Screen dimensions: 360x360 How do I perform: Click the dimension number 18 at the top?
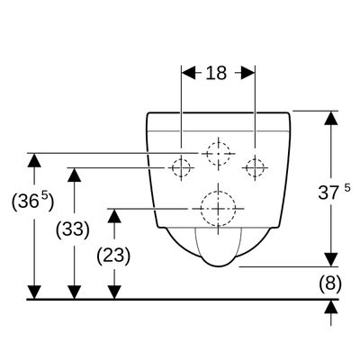(216, 73)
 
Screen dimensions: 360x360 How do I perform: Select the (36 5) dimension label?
(32, 202)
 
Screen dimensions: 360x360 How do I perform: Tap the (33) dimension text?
(73, 230)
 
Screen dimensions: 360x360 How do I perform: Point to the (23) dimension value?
(113, 256)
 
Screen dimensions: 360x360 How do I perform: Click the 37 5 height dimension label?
(334, 193)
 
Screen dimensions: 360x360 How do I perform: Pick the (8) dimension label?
(330, 283)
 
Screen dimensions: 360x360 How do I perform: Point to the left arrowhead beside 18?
(189, 73)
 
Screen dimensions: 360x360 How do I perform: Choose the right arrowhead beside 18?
(247, 73)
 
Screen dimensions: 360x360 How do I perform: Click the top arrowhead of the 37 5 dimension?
(331, 118)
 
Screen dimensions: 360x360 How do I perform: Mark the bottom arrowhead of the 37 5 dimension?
(331, 259)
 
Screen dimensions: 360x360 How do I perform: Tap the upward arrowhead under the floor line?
(331, 307)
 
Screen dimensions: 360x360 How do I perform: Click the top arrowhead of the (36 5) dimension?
(34, 160)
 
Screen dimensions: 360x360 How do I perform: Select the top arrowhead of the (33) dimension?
(74, 175)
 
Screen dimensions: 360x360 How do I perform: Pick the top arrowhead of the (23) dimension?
(114, 216)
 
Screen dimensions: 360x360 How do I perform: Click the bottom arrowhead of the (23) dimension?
(114, 292)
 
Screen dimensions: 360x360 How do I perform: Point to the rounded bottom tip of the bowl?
(219, 266)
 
